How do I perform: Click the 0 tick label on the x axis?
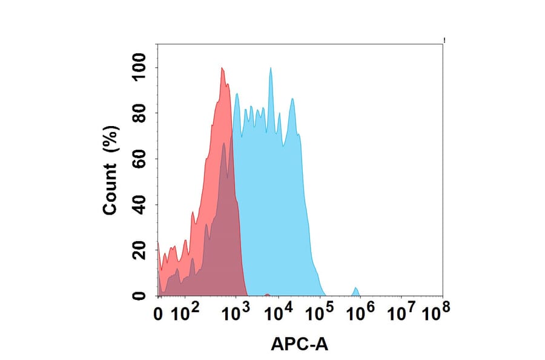pos(159,315)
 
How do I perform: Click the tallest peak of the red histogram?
pos(222,68)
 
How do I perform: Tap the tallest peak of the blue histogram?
pos(271,68)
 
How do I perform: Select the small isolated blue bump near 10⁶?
pos(356,290)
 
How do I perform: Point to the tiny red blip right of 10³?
pos(267,295)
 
